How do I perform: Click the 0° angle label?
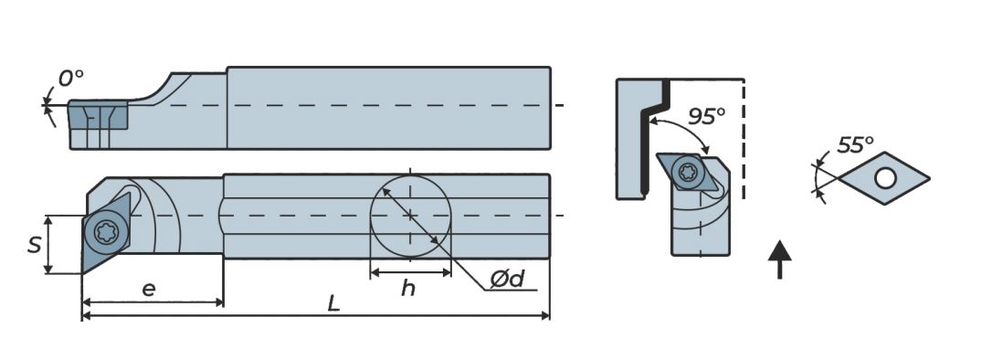[x=70, y=79]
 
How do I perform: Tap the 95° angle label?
[x=706, y=116]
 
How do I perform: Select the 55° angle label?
[x=855, y=145]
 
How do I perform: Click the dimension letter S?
[x=35, y=245]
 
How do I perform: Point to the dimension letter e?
[x=148, y=289]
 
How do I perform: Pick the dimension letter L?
[x=333, y=303]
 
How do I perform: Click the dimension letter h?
[x=408, y=288]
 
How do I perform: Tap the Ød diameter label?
[x=507, y=280]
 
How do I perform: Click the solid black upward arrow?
[x=779, y=259]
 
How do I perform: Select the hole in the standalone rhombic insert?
[x=885, y=178]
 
